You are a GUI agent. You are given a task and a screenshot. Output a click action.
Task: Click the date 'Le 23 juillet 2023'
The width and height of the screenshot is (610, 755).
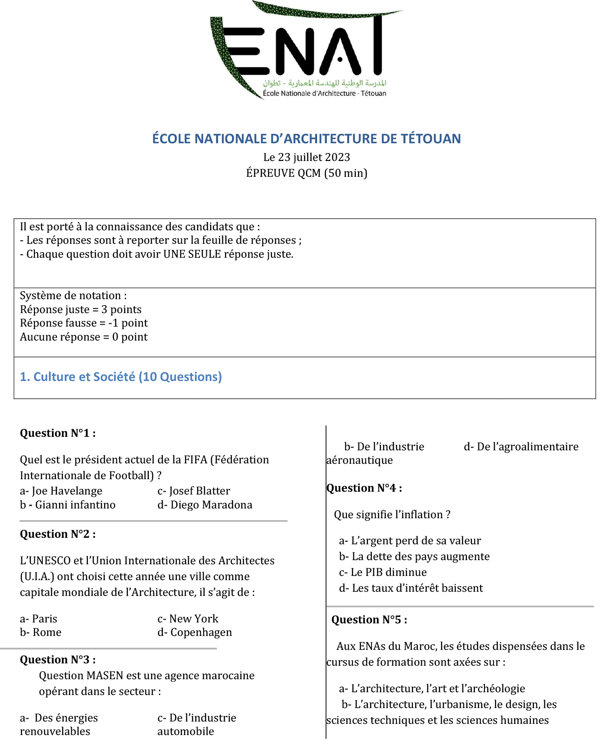[306, 157]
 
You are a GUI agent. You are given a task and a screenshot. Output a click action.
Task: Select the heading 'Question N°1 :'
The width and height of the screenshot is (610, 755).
[58, 433]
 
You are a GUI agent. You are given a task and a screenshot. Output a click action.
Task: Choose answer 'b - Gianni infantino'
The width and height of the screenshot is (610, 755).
[67, 505]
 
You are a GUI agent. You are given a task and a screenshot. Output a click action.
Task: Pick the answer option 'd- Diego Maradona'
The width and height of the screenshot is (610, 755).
[205, 505]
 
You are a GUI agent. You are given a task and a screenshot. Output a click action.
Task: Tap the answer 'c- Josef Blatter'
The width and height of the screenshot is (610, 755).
[193, 491]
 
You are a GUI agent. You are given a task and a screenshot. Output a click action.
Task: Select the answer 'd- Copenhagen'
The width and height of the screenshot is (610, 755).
[194, 632]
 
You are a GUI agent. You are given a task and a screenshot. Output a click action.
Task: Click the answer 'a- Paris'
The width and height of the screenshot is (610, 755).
[39, 619]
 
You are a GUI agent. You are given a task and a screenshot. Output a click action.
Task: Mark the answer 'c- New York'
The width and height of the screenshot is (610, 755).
[188, 619]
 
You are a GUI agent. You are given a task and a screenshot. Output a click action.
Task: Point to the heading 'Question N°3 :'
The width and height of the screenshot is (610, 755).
[58, 660]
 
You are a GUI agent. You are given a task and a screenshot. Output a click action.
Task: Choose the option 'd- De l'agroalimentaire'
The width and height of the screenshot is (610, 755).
[521, 447]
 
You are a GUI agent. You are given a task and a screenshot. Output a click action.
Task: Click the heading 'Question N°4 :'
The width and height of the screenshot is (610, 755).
[364, 488]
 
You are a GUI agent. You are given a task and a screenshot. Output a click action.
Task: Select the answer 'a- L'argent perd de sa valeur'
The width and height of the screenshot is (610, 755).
[410, 541]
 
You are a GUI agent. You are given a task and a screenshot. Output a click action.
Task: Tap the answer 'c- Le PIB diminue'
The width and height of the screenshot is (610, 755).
[383, 572]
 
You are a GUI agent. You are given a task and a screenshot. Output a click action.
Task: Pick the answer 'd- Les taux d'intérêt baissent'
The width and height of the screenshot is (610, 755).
[411, 588]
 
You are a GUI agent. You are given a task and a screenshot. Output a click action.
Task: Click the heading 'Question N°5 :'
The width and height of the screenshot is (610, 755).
[369, 620]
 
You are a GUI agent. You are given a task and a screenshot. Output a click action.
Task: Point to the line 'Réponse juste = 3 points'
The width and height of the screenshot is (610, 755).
[80, 309]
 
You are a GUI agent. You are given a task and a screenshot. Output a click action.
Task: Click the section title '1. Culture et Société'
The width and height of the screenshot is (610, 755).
[120, 377]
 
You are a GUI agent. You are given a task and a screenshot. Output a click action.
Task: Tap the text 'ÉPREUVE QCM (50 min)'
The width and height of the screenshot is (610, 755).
[306, 173]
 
